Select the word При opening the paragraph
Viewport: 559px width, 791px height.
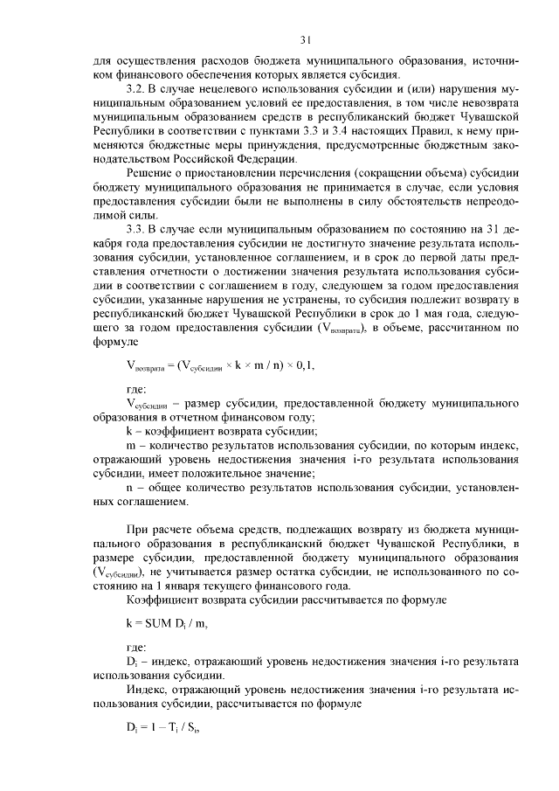138,530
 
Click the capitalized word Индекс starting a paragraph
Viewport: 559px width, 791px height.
148,690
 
